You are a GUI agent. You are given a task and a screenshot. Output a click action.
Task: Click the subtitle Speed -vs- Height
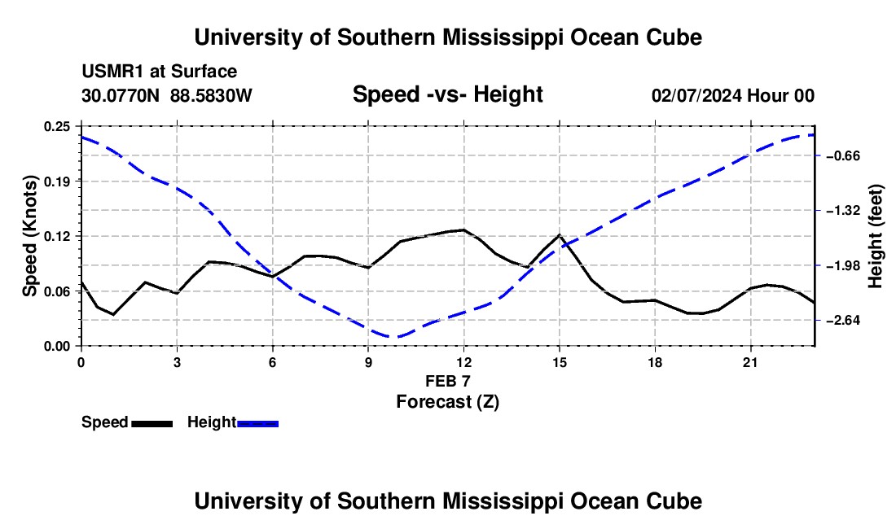447,94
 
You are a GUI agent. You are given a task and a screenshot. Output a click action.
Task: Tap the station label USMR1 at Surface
159,72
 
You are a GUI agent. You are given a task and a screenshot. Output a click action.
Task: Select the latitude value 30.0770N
120,95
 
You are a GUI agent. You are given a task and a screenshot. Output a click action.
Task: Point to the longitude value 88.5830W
211,95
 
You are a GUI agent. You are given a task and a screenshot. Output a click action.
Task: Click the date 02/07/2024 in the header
696,95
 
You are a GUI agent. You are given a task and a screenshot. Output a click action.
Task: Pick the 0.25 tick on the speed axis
57,126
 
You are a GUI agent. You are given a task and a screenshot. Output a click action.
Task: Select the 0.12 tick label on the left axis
57,236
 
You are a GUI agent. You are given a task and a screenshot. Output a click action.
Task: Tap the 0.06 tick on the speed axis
57,291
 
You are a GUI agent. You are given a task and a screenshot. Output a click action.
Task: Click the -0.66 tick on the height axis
843,155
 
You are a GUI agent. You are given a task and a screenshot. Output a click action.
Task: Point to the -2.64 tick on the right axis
843,320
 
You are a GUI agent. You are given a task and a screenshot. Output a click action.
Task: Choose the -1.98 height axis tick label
843,265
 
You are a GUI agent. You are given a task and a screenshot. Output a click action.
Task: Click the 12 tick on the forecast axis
464,362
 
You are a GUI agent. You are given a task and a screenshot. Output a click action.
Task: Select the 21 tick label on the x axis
750,362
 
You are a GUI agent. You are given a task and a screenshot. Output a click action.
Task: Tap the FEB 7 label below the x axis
447,381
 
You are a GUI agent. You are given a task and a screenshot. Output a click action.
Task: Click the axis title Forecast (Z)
447,402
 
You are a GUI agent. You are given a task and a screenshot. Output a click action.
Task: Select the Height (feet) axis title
875,236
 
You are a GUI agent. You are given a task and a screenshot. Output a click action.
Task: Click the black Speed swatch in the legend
152,424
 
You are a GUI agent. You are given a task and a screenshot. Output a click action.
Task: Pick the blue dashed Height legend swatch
257,424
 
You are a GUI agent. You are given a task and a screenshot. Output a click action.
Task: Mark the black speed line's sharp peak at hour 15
560,235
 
